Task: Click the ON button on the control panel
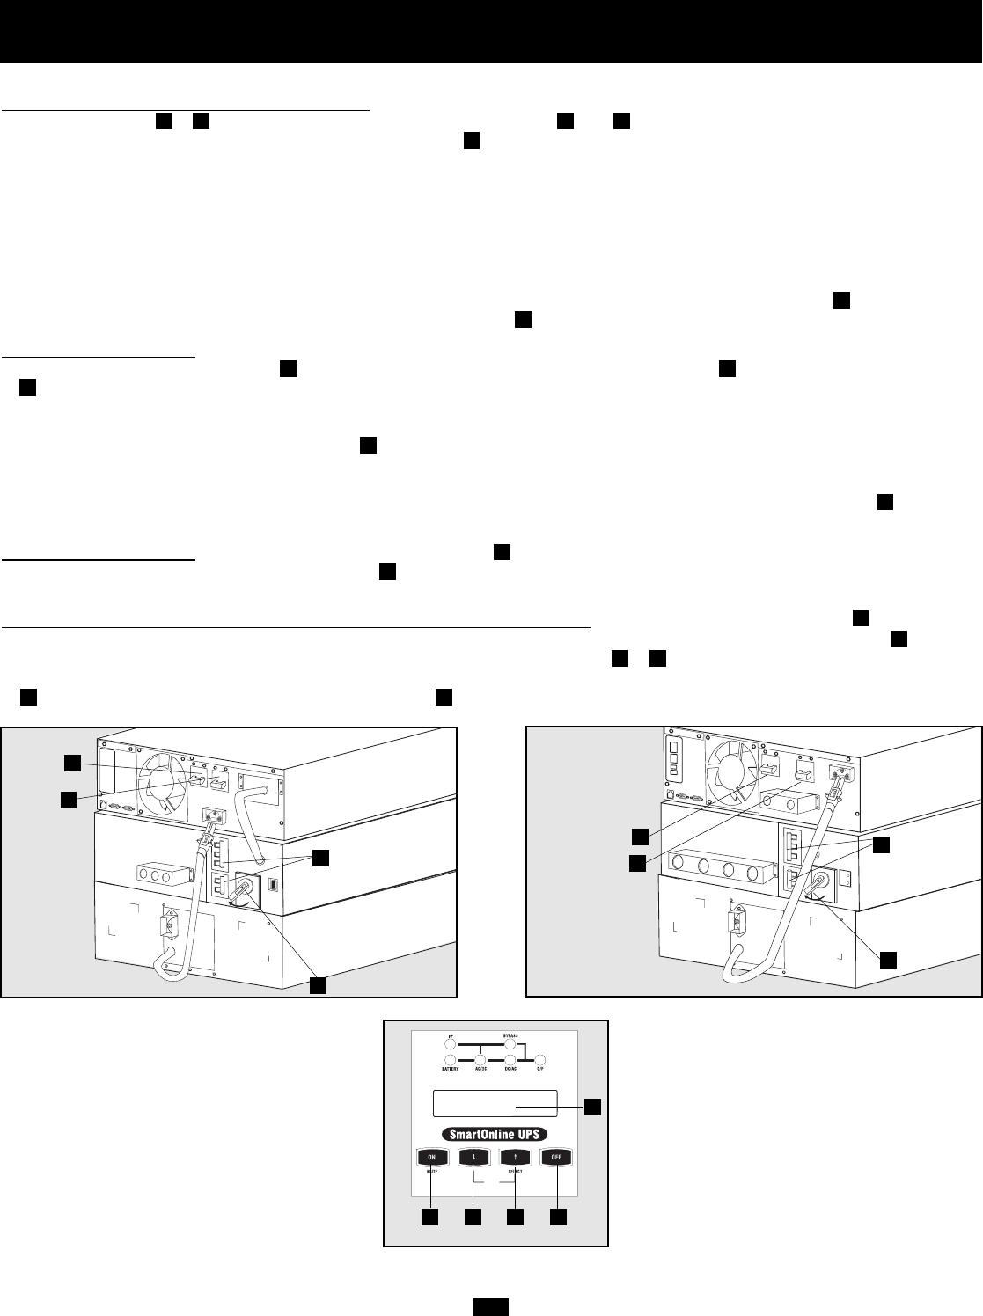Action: (430, 1158)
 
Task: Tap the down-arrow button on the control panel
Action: (473, 1158)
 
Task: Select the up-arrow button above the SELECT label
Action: (516, 1158)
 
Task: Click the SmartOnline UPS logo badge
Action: (495, 1134)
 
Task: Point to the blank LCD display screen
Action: (495, 1103)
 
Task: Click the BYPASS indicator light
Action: (509, 1045)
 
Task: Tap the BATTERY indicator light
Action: (451, 1058)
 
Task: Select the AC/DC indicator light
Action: (480, 1058)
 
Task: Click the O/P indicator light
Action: (541, 1058)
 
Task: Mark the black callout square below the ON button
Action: (430, 1217)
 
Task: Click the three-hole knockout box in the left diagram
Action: (163, 877)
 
